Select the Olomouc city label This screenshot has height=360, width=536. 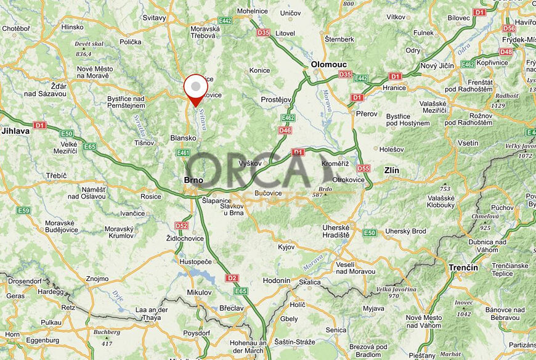[x=328, y=64]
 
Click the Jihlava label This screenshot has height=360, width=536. [x=15, y=131]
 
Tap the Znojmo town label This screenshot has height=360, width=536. [x=97, y=279]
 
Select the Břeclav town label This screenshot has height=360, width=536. [x=231, y=308]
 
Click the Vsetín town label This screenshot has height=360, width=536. [x=468, y=143]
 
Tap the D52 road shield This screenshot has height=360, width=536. [x=181, y=226]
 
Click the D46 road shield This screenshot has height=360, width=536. [x=285, y=130]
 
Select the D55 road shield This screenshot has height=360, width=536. [x=363, y=168]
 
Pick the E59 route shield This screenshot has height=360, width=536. [x=23, y=210]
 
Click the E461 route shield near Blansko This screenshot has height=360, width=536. [x=183, y=153]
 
